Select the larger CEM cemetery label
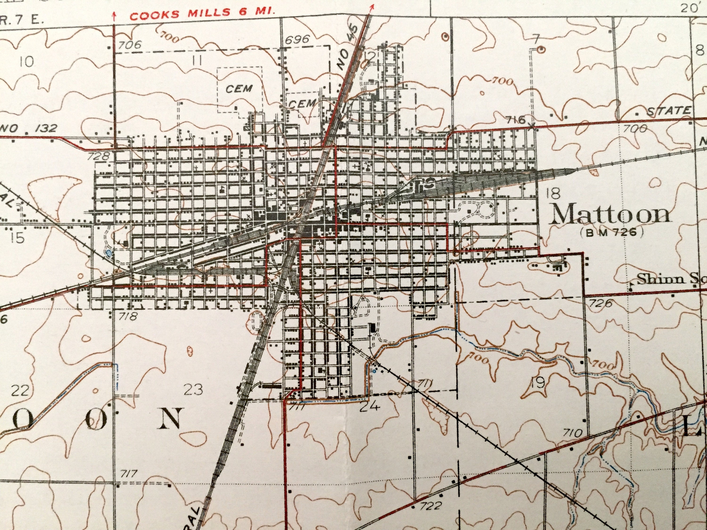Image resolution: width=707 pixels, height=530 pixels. [x=239, y=89]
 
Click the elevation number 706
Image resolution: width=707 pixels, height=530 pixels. [x=130, y=45]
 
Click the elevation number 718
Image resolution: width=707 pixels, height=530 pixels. [x=128, y=316]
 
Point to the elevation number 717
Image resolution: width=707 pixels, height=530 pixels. [x=129, y=473]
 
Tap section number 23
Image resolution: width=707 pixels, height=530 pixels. [x=193, y=389]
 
